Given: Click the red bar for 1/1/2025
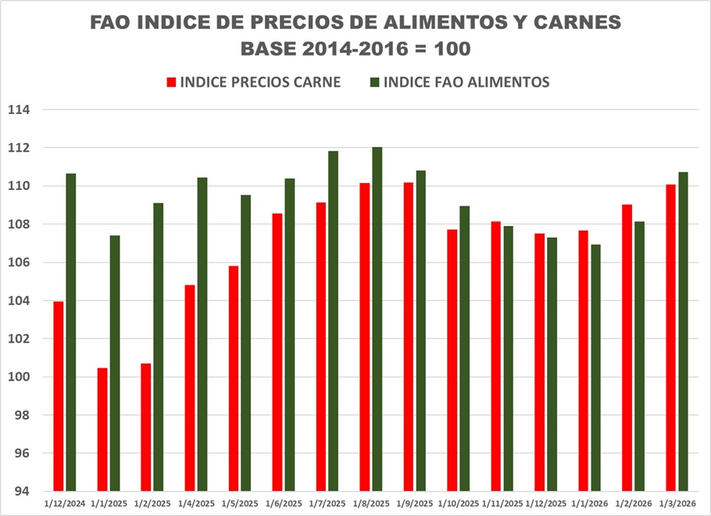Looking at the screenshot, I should click(x=102, y=429).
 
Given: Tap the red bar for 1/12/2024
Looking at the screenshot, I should click(x=59, y=396).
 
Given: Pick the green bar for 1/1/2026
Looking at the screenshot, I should click(x=596, y=367).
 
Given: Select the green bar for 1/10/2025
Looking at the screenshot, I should click(x=465, y=349).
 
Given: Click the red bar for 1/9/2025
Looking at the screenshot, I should click(x=409, y=337).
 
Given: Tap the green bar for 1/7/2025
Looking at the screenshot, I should click(x=334, y=321).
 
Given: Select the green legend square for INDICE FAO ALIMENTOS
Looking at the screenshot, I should click(x=375, y=82).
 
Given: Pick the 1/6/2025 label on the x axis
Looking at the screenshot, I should click(x=283, y=504).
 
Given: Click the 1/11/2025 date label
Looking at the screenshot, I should click(x=502, y=504).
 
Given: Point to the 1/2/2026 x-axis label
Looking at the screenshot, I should click(x=633, y=504).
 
